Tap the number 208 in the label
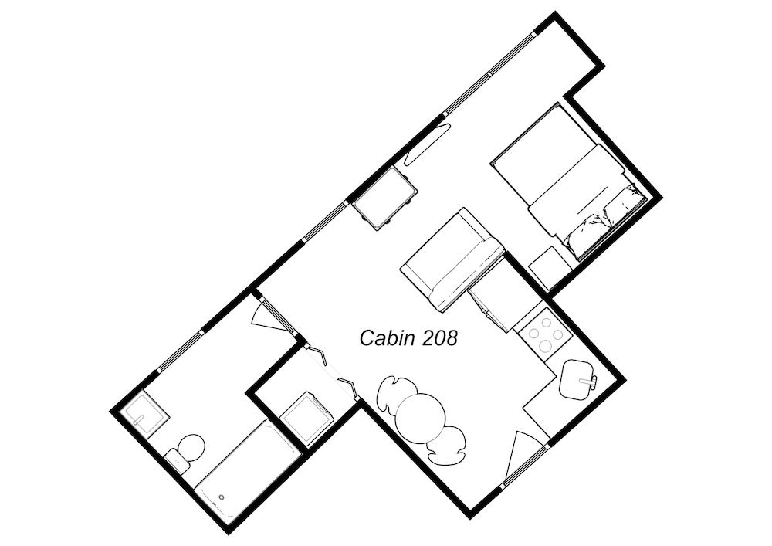pos(440,337)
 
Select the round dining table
pos(422,418)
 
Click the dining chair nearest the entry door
pos(446,446)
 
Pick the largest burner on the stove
pos(545,346)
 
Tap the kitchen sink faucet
pos(587,380)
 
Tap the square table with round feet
pos(385,198)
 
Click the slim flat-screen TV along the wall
pos(427,144)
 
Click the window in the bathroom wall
pos(179,350)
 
